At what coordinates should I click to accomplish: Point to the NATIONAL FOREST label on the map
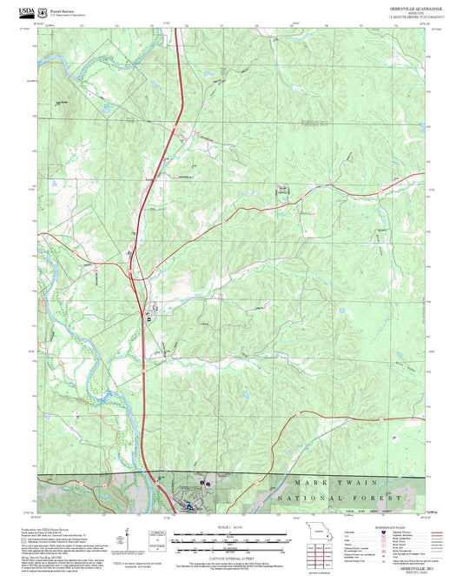point(340,499)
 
